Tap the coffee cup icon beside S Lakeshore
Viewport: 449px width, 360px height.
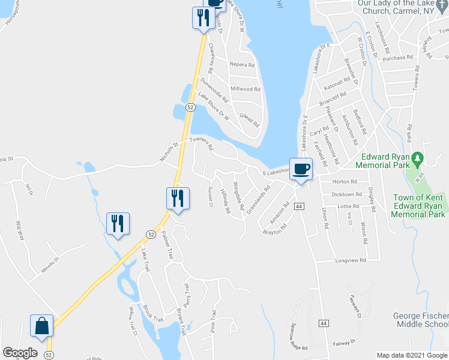(x=301, y=169)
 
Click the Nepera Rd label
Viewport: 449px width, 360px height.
(x=243, y=64)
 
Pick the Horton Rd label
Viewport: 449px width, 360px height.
(x=345, y=181)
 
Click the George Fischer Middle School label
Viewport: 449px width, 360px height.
(x=421, y=320)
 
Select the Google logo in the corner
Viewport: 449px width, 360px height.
(x=20, y=352)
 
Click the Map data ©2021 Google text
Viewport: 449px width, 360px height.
(x=411, y=355)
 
